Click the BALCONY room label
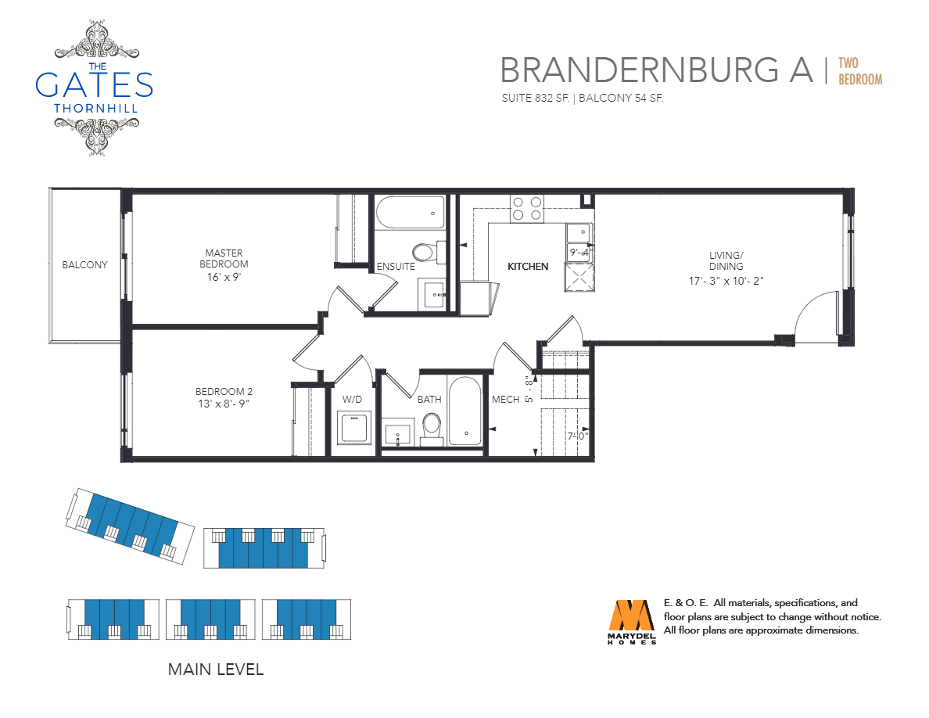84,265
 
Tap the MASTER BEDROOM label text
224,258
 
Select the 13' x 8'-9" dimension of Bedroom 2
224,404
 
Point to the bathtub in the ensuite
410,212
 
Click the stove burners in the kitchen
527,209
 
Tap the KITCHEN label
528,267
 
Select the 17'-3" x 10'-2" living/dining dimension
726,281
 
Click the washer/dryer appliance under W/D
353,428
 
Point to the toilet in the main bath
432,429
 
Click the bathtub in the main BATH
465,411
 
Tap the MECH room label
505,400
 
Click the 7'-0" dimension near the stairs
578,436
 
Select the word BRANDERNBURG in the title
640,70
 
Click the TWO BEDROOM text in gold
860,71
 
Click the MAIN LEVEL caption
216,670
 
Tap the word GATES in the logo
94,84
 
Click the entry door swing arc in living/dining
808,303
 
